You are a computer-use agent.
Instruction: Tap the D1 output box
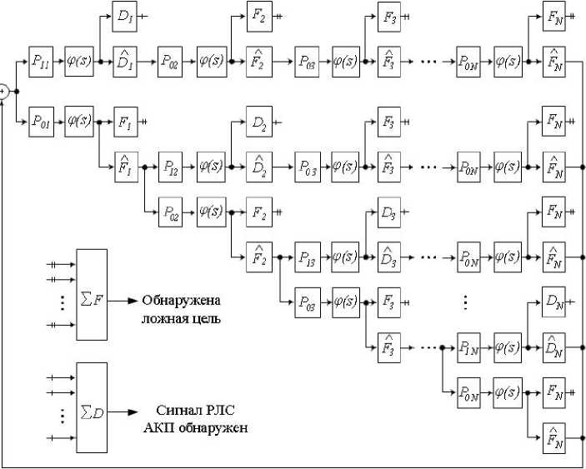click(x=125, y=16)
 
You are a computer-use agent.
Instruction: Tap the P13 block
click(x=307, y=257)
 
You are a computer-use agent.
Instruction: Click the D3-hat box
click(x=390, y=257)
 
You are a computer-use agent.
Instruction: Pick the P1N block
click(x=470, y=346)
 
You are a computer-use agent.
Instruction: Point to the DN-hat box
click(x=554, y=346)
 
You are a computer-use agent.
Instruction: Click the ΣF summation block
click(x=91, y=293)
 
